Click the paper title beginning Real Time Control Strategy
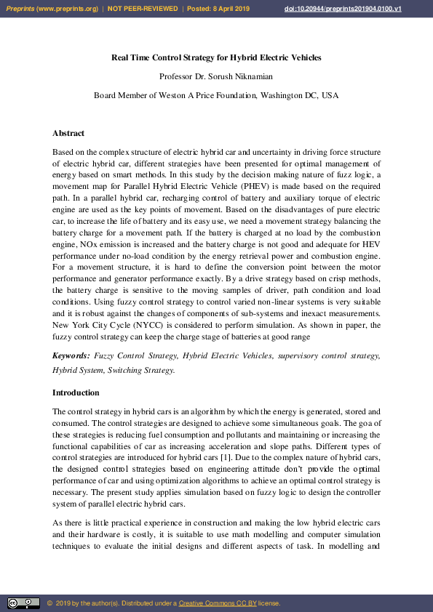pyautogui.click(x=216, y=57)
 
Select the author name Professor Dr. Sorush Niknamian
pyautogui.click(x=216, y=76)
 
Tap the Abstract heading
pyautogui.click(x=68, y=133)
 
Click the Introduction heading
pyautogui.click(x=76, y=392)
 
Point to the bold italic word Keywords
pyautogui.click(x=70, y=355)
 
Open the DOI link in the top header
pyautogui.click(x=352, y=8)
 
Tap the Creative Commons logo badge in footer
pyautogui.click(x=23, y=603)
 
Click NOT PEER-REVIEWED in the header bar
pyautogui.click(x=142, y=8)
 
